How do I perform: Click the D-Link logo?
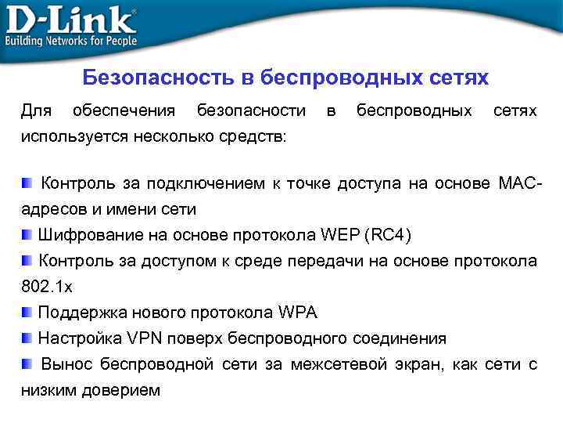point(70,19)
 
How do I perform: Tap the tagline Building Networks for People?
point(71,40)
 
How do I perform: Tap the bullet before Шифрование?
point(27,234)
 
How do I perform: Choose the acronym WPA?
point(297,313)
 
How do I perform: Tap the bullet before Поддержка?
point(27,312)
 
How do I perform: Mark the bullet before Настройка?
point(27,338)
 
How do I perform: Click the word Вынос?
point(66,364)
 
